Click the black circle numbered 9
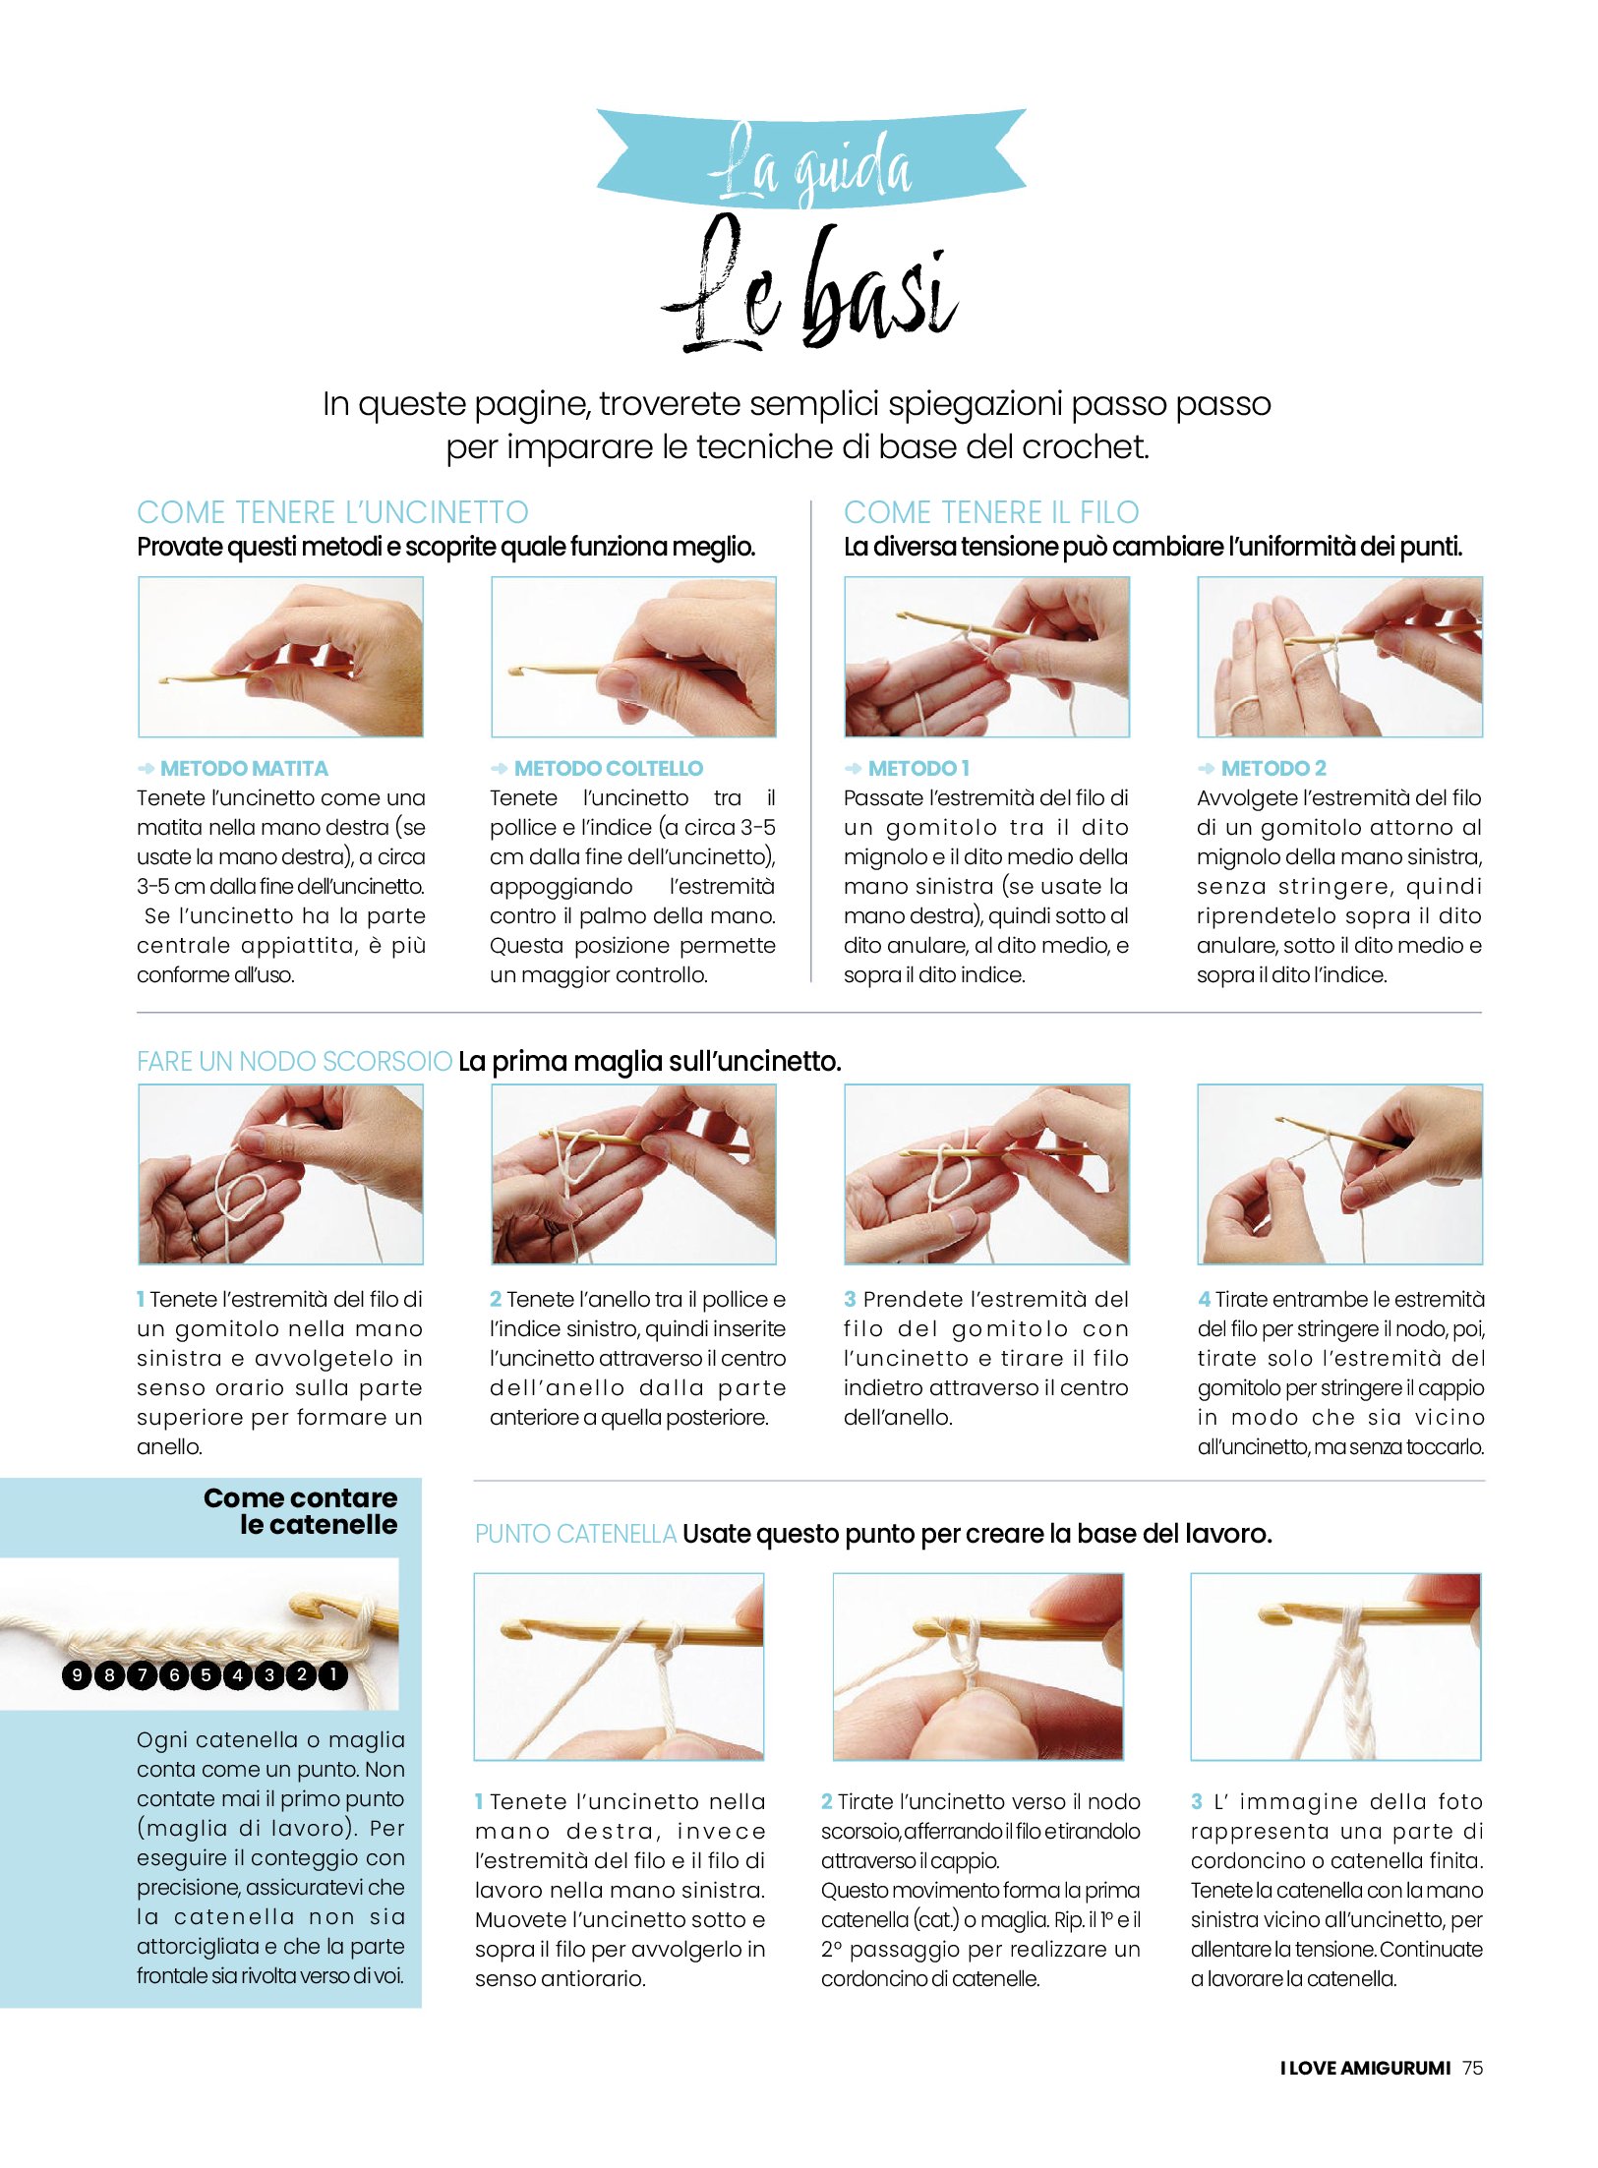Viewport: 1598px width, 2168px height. click(x=77, y=1674)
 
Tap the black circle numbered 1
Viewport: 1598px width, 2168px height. click(x=333, y=1673)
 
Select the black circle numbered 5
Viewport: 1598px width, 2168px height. click(x=206, y=1674)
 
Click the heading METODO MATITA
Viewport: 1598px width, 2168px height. click(x=244, y=768)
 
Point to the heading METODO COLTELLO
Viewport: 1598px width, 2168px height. click(x=609, y=768)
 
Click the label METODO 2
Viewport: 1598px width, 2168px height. click(x=1273, y=768)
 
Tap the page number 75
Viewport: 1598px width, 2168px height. click(x=1472, y=2067)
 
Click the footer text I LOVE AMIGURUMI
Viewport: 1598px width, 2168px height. click(x=1365, y=2067)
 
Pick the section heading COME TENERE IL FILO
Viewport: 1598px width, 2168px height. click(x=991, y=512)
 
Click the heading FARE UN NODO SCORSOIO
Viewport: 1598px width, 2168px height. click(x=294, y=1061)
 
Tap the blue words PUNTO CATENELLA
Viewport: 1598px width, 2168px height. click(x=575, y=1533)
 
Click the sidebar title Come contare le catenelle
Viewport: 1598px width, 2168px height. click(x=301, y=1511)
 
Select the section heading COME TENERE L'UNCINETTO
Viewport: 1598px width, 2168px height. click(x=332, y=512)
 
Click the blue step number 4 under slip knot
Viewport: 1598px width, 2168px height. click(x=1204, y=1299)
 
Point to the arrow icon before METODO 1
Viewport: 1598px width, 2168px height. click(x=853, y=768)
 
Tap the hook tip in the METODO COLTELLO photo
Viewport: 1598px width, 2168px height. click(x=513, y=671)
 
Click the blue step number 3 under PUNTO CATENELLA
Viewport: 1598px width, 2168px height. click(x=1197, y=1801)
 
